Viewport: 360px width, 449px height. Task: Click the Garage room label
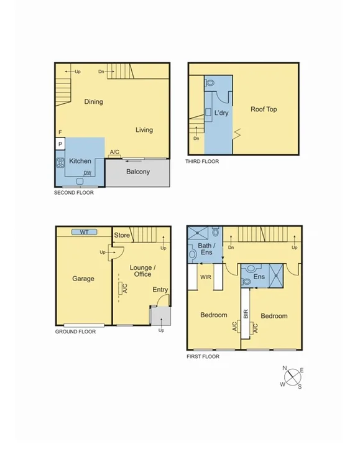click(x=83, y=279)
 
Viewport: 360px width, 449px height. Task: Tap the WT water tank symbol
click(x=84, y=232)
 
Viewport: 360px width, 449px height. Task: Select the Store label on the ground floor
click(x=122, y=235)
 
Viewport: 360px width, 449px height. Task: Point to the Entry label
click(x=160, y=290)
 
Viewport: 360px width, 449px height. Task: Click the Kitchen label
click(x=80, y=161)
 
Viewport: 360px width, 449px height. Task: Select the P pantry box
click(x=60, y=144)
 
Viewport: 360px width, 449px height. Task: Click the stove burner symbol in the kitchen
click(x=61, y=164)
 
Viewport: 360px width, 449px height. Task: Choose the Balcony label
click(x=137, y=172)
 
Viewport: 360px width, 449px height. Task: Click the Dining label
click(x=94, y=102)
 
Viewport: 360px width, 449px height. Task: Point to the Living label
click(x=144, y=130)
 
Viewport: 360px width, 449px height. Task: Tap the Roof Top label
click(x=264, y=109)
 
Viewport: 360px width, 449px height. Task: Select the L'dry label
click(x=221, y=114)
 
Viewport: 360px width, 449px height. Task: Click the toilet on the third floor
click(x=210, y=82)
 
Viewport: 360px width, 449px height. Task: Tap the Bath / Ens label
click(x=205, y=249)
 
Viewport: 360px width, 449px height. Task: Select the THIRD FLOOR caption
click(x=201, y=162)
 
